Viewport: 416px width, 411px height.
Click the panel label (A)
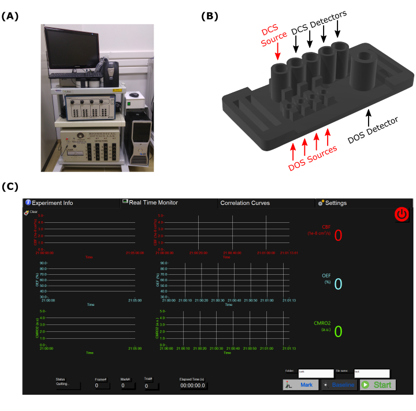(10, 16)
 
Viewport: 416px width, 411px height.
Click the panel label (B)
(210, 16)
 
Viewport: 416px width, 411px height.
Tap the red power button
(402, 215)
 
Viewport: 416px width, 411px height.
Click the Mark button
(300, 384)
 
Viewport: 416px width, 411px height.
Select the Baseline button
(339, 384)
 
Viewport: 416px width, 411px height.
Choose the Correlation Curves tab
(245, 203)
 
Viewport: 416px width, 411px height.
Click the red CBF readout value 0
(338, 235)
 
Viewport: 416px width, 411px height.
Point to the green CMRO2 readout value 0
(338, 331)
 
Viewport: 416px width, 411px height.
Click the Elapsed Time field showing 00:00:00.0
(193, 386)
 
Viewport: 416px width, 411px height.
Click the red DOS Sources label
(313, 158)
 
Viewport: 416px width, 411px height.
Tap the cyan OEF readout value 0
(338, 283)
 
